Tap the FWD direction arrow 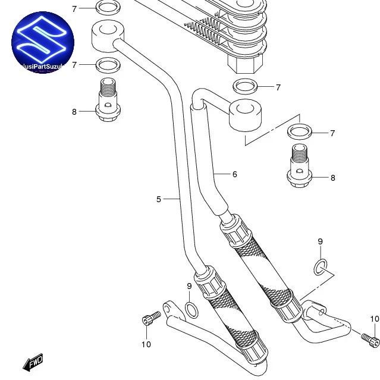coord(33,361)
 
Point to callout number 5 coord(159,199)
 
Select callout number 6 coord(235,174)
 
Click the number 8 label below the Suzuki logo coord(74,112)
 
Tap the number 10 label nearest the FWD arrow coord(146,344)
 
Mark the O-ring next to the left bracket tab coord(191,309)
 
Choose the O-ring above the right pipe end coord(320,268)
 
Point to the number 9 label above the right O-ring coord(320,241)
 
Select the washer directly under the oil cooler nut coord(245,86)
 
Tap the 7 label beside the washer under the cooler coord(278,87)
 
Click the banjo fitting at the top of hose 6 coord(245,115)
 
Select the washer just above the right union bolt coord(300,131)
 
